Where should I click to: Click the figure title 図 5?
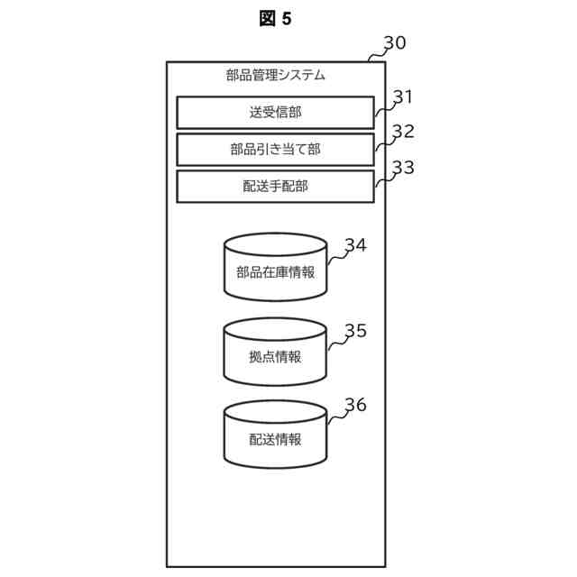tap(275, 18)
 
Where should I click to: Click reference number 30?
tap(395, 42)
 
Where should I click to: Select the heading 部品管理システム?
tap(276, 75)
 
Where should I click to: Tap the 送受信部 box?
tap(276, 113)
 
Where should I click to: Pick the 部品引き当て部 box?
tap(276, 150)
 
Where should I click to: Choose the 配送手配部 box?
tap(276, 187)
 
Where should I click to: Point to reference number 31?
tap(403, 96)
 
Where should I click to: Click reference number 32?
tap(404, 132)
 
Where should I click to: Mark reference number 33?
tap(404, 168)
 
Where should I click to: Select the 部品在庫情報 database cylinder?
tap(276, 267)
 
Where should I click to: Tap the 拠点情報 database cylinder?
tap(275, 352)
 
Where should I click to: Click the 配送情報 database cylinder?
tap(276, 435)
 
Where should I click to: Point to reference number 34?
tap(356, 245)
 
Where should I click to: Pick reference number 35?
tap(356, 331)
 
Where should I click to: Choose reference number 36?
tap(356, 405)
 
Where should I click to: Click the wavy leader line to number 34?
tap(337, 256)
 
